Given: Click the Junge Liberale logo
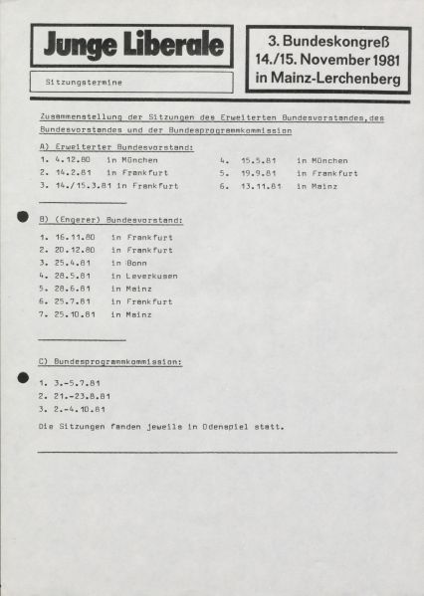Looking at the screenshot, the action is [x=131, y=45].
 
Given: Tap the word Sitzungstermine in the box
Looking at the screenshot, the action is [x=79, y=80].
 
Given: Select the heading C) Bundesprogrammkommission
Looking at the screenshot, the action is [x=109, y=361].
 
